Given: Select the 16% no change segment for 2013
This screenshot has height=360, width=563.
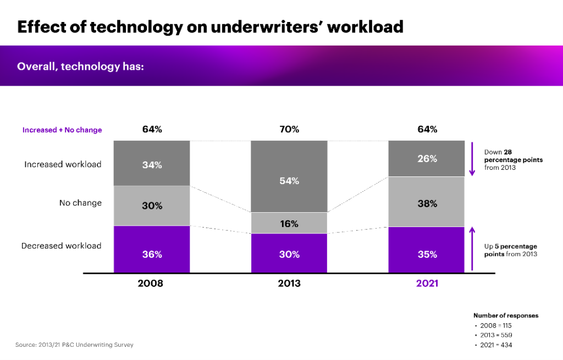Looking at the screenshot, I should click(289, 223).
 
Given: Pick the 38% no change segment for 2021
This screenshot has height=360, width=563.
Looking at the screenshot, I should click(427, 202).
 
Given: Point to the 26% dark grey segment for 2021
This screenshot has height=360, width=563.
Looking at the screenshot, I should click(427, 158).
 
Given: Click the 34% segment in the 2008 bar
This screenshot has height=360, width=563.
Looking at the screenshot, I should click(152, 163).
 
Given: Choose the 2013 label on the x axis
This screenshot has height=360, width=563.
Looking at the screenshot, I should click(289, 284).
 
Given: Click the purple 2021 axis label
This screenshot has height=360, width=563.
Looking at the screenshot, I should click(427, 284).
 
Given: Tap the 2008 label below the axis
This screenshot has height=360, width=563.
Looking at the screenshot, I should click(151, 284).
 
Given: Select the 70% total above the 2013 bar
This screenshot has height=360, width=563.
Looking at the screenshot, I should click(289, 130).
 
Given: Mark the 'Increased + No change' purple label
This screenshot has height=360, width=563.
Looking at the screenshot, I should click(62, 130).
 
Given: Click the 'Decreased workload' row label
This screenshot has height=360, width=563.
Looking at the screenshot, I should click(62, 246).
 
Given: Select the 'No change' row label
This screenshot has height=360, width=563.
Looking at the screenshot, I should click(80, 203).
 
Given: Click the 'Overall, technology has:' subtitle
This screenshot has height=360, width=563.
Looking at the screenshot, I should click(84, 67).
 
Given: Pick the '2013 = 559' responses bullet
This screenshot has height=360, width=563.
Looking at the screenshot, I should click(495, 335).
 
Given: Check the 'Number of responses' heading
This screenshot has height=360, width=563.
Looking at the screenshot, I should click(506, 315).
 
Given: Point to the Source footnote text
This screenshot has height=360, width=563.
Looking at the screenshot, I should click(74, 345).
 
